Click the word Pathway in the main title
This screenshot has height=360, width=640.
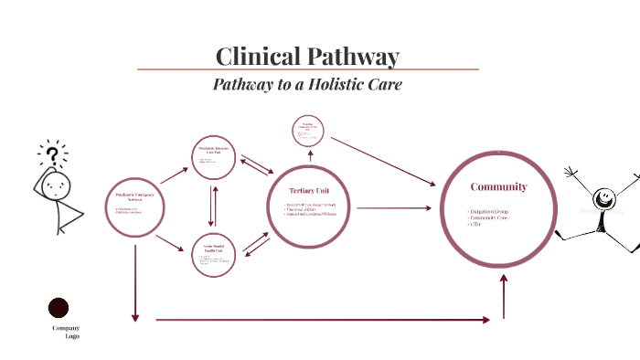(x=352, y=56)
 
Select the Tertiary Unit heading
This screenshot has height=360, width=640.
(x=310, y=190)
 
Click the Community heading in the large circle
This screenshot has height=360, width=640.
(x=498, y=186)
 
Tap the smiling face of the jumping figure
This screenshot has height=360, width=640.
(x=603, y=196)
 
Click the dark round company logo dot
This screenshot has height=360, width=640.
(x=59, y=308)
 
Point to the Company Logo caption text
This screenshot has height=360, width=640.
(x=66, y=332)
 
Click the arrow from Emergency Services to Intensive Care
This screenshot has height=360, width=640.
(x=173, y=174)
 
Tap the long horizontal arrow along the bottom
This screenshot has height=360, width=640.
(x=329, y=320)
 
